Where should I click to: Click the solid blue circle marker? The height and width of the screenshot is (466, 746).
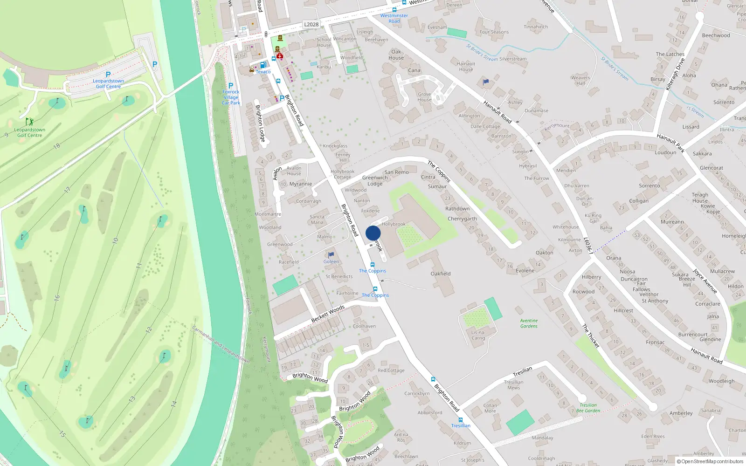click(x=373, y=233)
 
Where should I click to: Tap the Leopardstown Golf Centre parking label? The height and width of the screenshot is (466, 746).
click(x=108, y=83)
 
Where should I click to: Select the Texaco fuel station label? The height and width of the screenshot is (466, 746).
click(x=263, y=72)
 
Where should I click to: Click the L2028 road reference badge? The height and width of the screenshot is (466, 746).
click(x=311, y=25)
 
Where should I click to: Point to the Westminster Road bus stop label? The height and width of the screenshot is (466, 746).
click(x=394, y=18)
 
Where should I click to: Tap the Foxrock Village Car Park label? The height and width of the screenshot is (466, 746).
click(x=231, y=97)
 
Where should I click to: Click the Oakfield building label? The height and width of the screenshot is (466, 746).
click(x=441, y=274)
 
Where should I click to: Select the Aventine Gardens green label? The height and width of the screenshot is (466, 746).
click(x=529, y=323)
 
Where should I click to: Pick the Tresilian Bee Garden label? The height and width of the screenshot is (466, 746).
click(x=588, y=408)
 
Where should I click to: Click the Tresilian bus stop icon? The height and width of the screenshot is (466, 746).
click(x=461, y=420)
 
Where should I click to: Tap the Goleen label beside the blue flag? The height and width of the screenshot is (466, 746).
click(x=331, y=261)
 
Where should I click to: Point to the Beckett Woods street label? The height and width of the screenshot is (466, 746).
click(x=328, y=314)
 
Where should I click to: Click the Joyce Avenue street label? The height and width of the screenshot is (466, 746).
click(x=705, y=281)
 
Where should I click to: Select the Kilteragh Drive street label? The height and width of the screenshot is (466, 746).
click(x=675, y=74)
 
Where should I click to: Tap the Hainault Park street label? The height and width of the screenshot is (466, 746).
click(x=670, y=143)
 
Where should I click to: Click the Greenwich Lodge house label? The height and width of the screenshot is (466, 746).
click(x=375, y=181)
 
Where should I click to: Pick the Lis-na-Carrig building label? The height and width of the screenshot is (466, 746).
click(x=478, y=335)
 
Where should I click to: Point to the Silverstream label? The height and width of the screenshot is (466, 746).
click(x=513, y=59)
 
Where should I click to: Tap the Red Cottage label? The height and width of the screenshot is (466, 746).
click(x=391, y=370)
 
